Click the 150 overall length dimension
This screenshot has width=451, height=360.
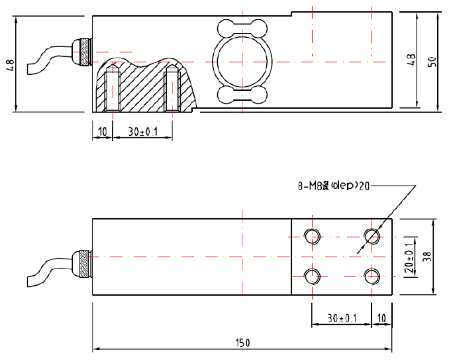(x=244, y=343)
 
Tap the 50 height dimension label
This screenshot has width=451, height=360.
(x=432, y=61)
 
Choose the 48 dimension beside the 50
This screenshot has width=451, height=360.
(x=411, y=60)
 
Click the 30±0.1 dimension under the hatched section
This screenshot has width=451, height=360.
(x=142, y=131)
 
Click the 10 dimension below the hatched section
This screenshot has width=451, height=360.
(x=102, y=131)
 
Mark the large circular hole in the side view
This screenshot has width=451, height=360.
(x=242, y=62)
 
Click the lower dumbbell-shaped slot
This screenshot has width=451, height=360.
(x=242, y=95)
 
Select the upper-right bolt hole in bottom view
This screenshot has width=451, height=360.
(x=372, y=236)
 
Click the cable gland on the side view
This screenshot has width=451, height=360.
(x=82, y=52)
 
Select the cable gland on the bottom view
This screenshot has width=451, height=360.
(x=82, y=261)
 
